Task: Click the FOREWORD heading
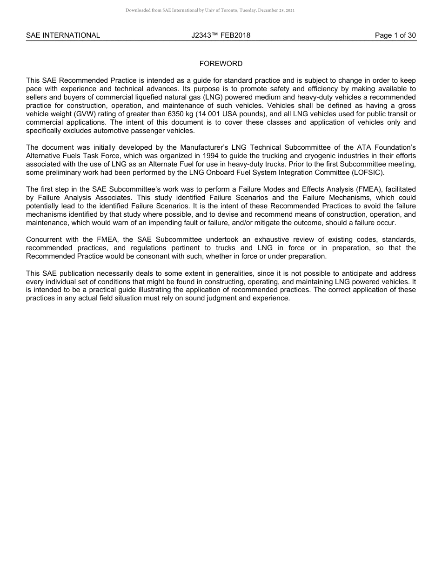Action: [x=221, y=64]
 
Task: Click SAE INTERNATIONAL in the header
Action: [x=63, y=35]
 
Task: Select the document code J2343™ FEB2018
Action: [x=221, y=35]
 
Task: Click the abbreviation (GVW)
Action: [x=86, y=114]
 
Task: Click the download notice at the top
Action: [x=210, y=10]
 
